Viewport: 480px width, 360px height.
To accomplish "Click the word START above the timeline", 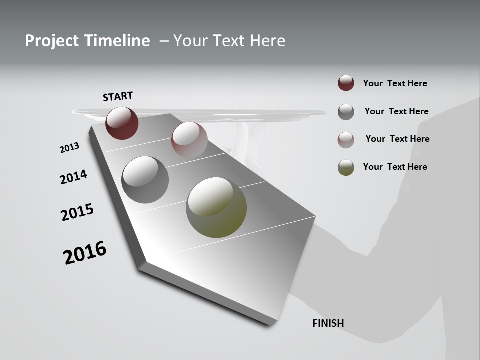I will pyautogui.click(x=118, y=96).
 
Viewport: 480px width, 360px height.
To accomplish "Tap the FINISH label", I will pyautogui.click(x=328, y=323).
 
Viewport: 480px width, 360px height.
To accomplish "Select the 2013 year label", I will pyautogui.click(x=69, y=147).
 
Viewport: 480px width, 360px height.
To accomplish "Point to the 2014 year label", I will pyautogui.click(x=73, y=177).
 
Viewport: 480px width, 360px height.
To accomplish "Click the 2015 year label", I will pyautogui.click(x=77, y=212).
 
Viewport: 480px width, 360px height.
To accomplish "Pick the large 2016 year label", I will pyautogui.click(x=85, y=253).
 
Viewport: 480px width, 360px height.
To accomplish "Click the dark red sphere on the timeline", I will pyautogui.click(x=122, y=123).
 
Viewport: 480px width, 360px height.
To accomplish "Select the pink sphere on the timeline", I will pyautogui.click(x=189, y=139).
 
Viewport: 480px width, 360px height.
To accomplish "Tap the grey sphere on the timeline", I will pyautogui.click(x=145, y=179).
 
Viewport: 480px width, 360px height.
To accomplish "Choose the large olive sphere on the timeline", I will pyautogui.click(x=216, y=207).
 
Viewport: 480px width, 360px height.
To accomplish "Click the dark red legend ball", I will pyautogui.click(x=346, y=83).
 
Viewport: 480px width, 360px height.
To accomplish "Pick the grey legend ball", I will pyautogui.click(x=346, y=112).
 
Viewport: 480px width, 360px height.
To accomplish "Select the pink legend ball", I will pyautogui.click(x=346, y=140).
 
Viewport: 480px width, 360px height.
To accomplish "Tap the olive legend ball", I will pyautogui.click(x=346, y=167).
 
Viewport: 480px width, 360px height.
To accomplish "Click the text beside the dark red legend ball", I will pyautogui.click(x=395, y=83).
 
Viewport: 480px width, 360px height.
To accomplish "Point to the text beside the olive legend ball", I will pyautogui.click(x=395, y=167).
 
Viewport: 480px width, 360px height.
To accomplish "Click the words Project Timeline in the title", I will pyautogui.click(x=87, y=41).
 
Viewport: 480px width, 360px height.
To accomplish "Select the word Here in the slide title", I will pyautogui.click(x=267, y=41).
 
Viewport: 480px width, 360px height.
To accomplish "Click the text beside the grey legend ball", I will pyautogui.click(x=396, y=111).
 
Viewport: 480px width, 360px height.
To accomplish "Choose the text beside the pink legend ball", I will pyautogui.click(x=397, y=139).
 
